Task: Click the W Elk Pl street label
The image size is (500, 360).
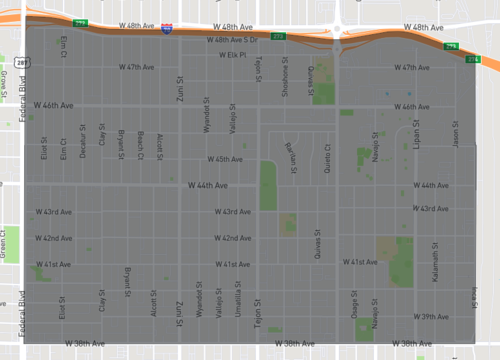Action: click(x=232, y=55)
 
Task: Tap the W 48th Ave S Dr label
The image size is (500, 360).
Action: click(x=232, y=40)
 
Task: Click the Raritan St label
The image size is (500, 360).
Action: click(x=293, y=157)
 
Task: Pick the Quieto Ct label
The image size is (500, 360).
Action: click(x=327, y=158)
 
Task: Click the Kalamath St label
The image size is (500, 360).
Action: click(x=436, y=262)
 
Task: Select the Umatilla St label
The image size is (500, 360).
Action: click(x=237, y=297)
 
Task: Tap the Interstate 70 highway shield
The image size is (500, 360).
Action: click(x=165, y=30)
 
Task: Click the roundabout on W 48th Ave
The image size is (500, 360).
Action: click(x=338, y=27)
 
